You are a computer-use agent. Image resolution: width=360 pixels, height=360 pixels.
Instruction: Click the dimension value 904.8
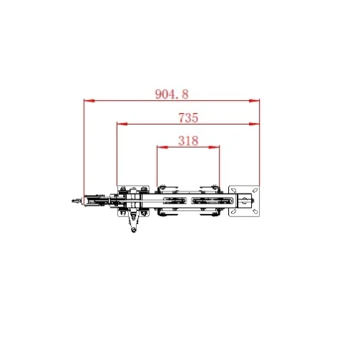(171, 94)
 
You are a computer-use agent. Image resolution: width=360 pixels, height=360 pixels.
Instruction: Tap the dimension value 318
(188, 141)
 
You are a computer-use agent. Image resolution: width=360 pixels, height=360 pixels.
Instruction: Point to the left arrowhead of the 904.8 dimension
(87, 101)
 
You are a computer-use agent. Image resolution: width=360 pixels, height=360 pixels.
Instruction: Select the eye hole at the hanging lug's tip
(132, 230)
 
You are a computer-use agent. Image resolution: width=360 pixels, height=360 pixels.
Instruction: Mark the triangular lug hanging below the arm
(133, 222)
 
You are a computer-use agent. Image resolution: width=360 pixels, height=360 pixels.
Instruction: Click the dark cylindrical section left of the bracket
(94, 202)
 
